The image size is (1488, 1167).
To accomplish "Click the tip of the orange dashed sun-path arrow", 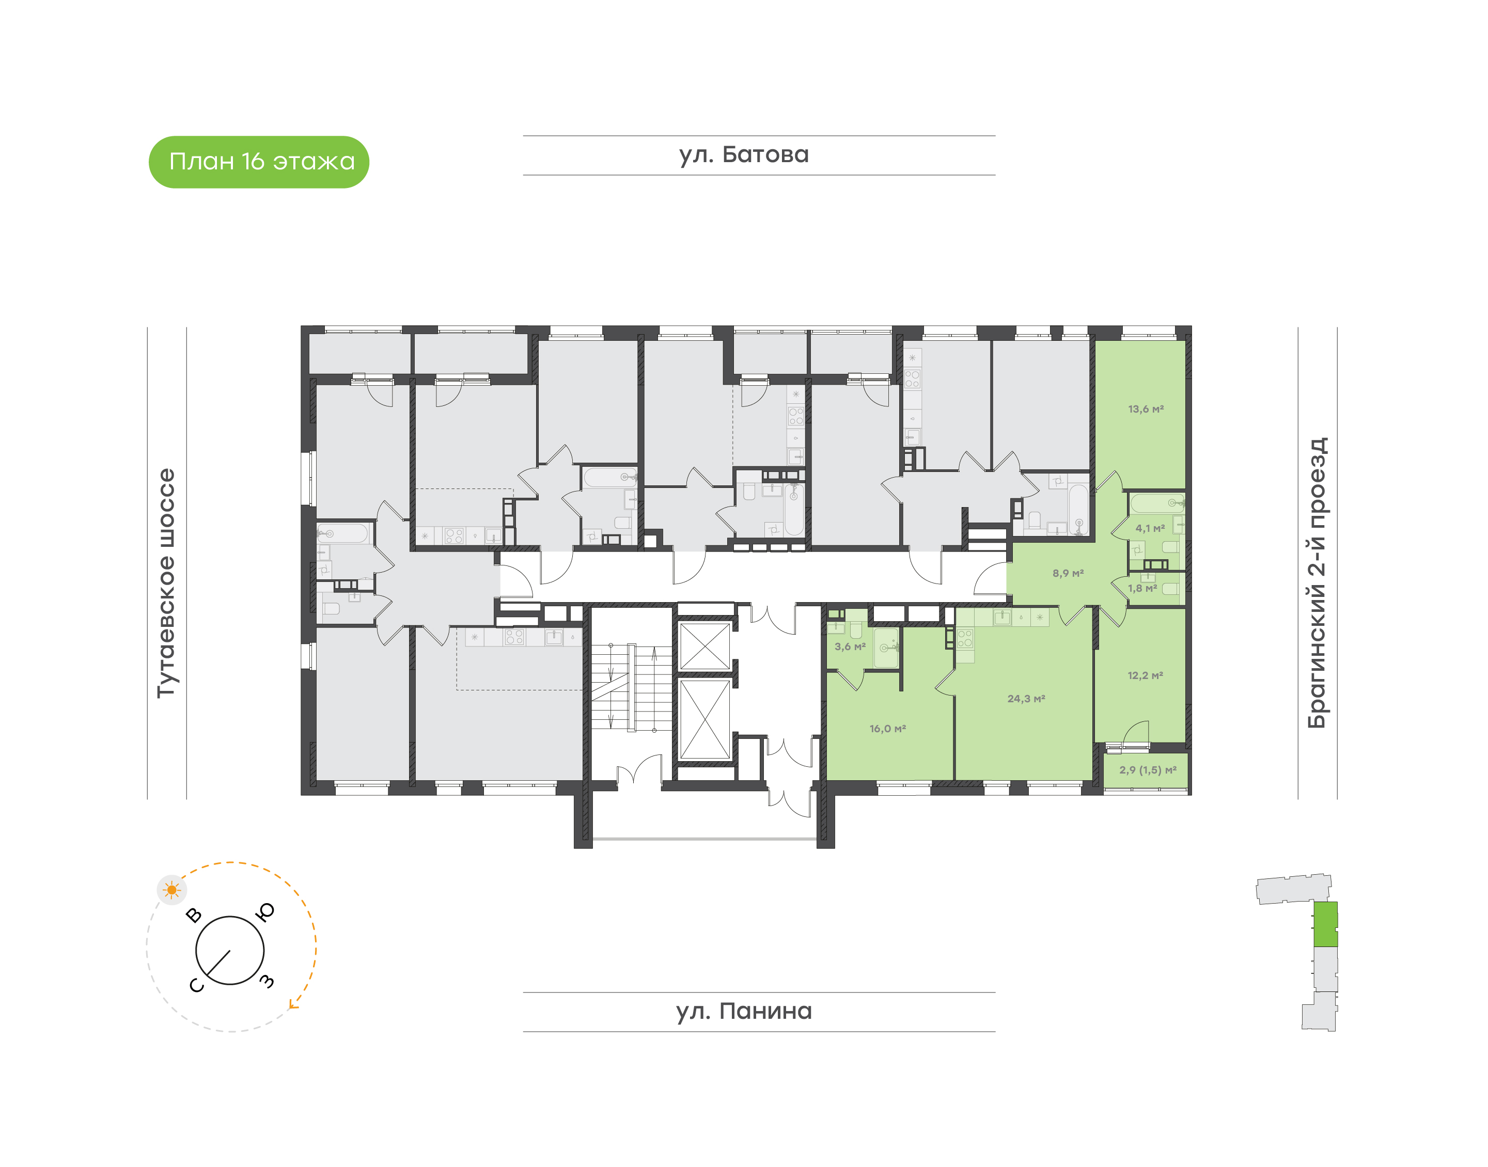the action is coord(290,1006).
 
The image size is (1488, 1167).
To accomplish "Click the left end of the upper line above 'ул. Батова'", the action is coord(524,136).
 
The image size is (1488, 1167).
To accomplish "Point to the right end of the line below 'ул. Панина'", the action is coord(995,1032).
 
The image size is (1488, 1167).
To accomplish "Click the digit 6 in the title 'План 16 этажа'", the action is coord(258,162).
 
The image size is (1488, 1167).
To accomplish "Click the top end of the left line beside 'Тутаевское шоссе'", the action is coord(148,327).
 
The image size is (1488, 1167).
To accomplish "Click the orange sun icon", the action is coord(171,890).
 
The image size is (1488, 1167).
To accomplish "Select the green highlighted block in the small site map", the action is coord(1326,924).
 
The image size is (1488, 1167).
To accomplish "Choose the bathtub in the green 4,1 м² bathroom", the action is coord(1157,503).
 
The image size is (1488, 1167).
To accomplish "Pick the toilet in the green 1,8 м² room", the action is coord(1171,588).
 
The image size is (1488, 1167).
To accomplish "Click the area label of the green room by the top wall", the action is coord(1146,409).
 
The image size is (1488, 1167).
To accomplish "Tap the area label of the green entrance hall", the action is coord(1068,573).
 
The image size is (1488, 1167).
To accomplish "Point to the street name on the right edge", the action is coord(1317,583).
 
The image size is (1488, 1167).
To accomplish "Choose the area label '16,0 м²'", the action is coord(888,729).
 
